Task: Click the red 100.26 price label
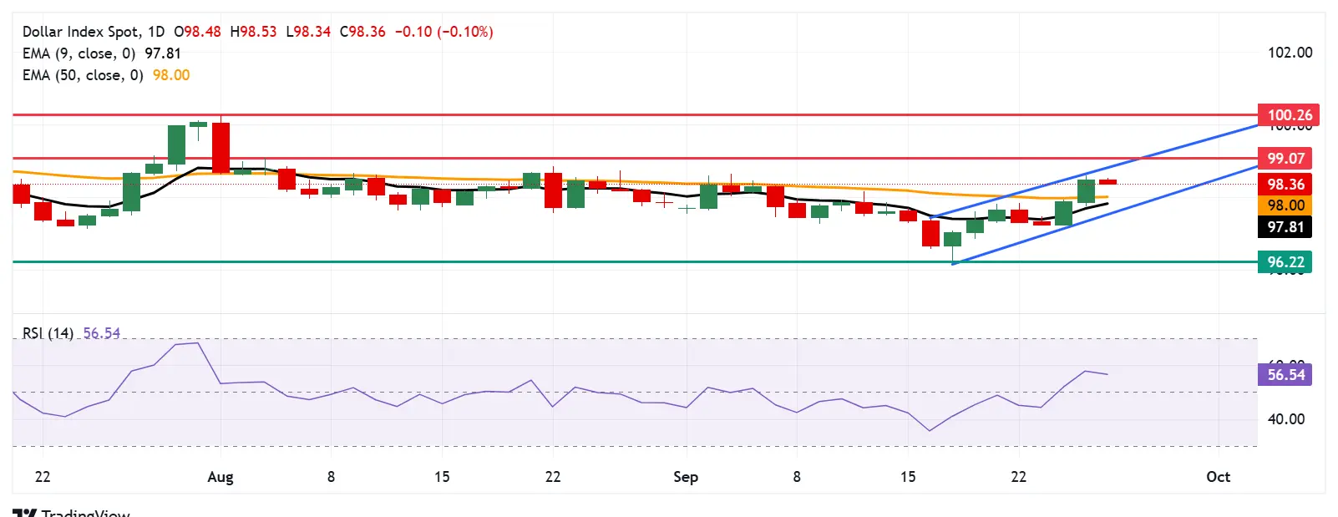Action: click(x=1285, y=115)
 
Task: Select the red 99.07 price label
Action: click(x=1285, y=159)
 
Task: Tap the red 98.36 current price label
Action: click(x=1285, y=185)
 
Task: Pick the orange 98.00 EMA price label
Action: click(x=1285, y=205)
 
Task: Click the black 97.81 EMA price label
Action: click(x=1285, y=227)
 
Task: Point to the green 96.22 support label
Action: click(x=1285, y=262)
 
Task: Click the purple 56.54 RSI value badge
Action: click(x=1285, y=375)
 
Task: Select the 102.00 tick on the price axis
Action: click(x=1290, y=53)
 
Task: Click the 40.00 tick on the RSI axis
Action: click(x=1285, y=419)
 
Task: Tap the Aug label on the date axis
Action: click(x=220, y=477)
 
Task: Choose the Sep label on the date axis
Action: click(x=686, y=477)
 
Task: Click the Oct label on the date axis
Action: click(x=1218, y=477)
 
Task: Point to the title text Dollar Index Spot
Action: click(x=80, y=32)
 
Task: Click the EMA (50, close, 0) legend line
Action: click(x=83, y=75)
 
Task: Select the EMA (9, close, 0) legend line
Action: click(x=79, y=53)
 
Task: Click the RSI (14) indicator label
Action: click(x=48, y=333)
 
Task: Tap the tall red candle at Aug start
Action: click(x=221, y=148)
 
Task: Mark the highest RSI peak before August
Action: click(x=197, y=342)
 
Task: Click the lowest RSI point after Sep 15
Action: click(x=930, y=431)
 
